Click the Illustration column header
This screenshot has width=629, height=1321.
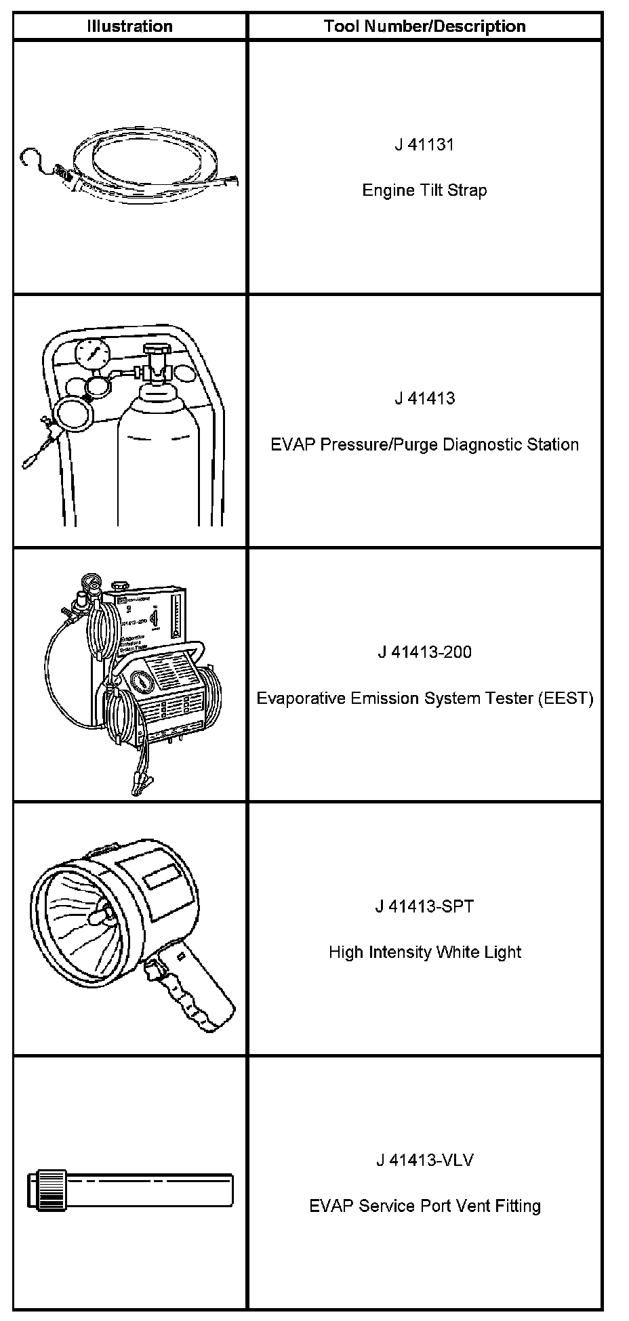pos(129,26)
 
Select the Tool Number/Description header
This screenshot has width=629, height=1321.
pos(424,26)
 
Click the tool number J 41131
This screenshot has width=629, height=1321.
pos(424,144)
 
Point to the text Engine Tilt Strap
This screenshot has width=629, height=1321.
pos(424,190)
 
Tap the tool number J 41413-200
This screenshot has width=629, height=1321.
pos(424,652)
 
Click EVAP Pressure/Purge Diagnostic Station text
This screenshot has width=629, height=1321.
pos(424,445)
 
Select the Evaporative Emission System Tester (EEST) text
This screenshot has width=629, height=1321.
pos(424,698)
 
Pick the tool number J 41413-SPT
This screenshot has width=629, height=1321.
pos(424,906)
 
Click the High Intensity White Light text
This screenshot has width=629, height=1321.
pos(424,952)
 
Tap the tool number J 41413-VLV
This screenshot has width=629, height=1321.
pos(424,1160)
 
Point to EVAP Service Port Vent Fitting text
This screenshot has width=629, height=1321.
pos(424,1207)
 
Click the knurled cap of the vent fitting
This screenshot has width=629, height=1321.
pos(45,1190)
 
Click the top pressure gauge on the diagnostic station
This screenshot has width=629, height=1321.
pos(93,354)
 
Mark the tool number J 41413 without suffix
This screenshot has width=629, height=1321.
pos(424,398)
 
